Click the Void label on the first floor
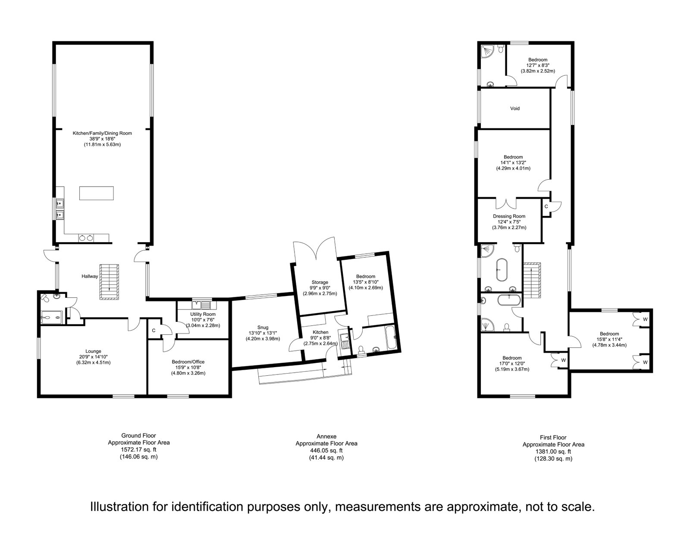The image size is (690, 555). point(515,108)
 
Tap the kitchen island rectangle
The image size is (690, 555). point(97,193)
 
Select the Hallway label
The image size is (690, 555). point(90,276)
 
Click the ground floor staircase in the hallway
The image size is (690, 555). point(110,282)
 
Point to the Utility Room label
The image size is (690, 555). point(203,314)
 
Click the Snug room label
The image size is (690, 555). point(263,327)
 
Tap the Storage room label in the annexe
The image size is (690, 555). point(320,282)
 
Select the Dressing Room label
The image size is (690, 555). point(509,216)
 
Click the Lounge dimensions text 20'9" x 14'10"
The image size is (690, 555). point(93,357)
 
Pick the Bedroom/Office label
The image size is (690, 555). point(188,362)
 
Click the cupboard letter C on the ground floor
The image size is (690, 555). point(154,331)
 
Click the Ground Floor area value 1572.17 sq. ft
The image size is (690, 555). point(138,449)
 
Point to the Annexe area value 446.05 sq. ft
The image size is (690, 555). point(326,451)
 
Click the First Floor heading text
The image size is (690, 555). point(553,437)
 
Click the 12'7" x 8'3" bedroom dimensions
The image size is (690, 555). point(538,65)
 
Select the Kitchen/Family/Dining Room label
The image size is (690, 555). point(102,133)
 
